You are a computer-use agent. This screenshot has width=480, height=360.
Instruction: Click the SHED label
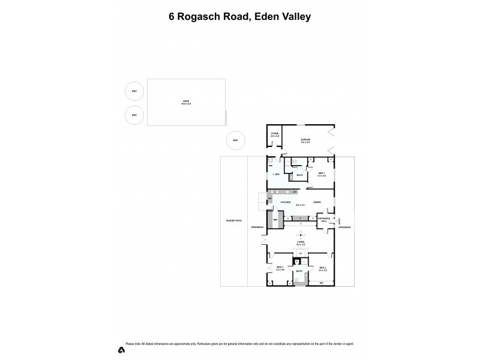[x=186, y=102]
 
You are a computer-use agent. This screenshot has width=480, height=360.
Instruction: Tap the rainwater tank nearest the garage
[x=236, y=141]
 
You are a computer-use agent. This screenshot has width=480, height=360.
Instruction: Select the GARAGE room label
[x=305, y=140]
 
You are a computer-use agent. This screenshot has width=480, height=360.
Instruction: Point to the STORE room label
[x=275, y=135]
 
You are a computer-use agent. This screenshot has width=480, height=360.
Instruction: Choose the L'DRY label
[x=277, y=174]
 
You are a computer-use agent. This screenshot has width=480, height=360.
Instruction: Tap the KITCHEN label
[x=286, y=202]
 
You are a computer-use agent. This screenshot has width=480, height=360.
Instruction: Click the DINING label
[x=317, y=202]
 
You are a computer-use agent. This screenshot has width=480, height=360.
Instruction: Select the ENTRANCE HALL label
[x=323, y=220]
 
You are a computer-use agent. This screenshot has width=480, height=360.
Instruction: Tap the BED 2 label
[x=322, y=268]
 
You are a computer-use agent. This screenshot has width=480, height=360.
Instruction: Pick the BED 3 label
[x=279, y=268]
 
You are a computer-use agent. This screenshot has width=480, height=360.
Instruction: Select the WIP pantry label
[x=275, y=220]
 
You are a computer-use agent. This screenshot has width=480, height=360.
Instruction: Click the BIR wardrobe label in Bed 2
[x=322, y=283]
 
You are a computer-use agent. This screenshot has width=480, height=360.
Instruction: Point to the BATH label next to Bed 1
[x=299, y=175]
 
